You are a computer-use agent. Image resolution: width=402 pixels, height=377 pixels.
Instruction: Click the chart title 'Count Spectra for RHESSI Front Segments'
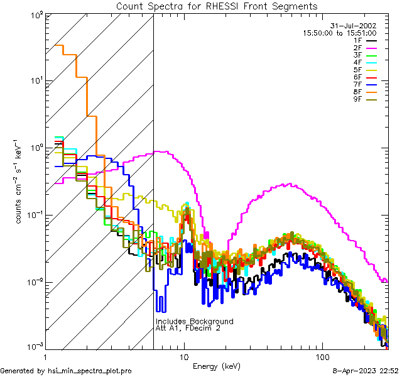(x=217, y=6)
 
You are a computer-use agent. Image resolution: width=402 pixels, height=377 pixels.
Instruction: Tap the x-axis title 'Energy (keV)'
(x=217, y=366)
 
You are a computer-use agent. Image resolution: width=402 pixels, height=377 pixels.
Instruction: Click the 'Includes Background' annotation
(x=194, y=322)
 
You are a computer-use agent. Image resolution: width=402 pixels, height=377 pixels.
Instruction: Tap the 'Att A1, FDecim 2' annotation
(x=188, y=328)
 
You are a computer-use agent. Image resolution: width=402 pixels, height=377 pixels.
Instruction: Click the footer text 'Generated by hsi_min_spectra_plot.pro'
(x=66, y=371)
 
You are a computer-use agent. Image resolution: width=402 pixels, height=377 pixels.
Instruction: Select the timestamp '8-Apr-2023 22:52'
(x=366, y=371)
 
